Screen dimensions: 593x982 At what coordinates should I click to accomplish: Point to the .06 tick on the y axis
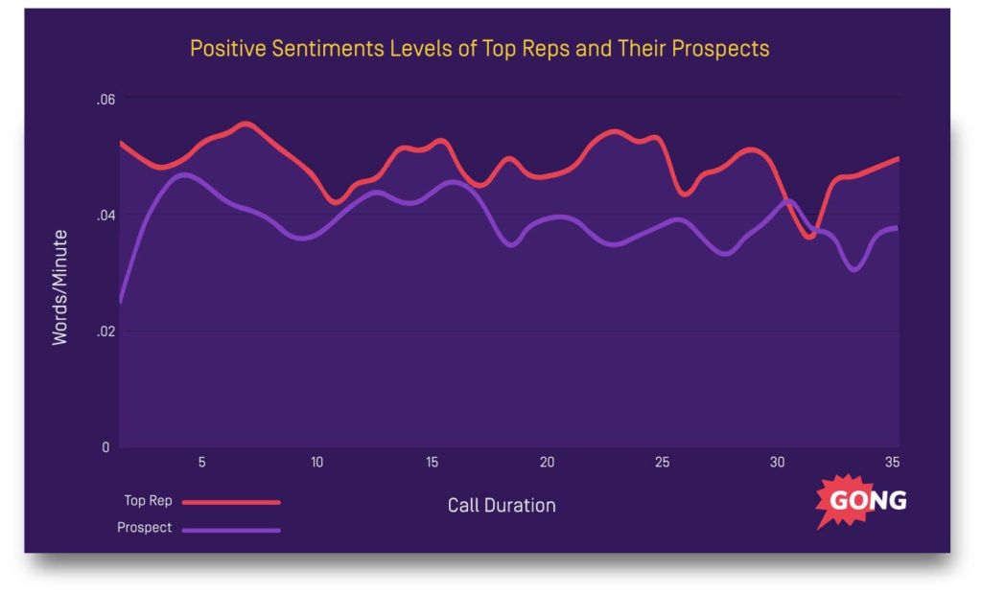105,100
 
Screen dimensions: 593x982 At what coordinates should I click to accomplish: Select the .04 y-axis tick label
105,215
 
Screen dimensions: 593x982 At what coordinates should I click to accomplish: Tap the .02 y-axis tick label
105,331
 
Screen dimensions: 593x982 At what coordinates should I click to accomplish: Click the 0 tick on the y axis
106,447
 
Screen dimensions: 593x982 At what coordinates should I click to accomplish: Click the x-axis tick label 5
201,463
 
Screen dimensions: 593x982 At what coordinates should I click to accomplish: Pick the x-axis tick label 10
316,463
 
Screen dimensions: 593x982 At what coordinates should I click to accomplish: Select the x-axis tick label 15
432,463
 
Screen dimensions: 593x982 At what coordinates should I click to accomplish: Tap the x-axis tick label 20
547,463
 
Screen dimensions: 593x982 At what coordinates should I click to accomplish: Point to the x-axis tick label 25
662,463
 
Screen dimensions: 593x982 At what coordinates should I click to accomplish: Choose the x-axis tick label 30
777,463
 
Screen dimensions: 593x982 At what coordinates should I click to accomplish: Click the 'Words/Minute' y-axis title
60,286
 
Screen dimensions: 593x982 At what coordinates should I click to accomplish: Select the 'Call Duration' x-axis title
502,505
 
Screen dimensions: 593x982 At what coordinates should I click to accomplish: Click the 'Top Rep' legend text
148,500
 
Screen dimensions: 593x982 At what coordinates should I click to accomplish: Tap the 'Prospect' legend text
145,528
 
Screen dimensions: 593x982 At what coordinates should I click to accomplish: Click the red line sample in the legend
231,501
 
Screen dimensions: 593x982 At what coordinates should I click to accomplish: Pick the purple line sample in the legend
231,529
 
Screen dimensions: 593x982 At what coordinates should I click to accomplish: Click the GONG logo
865,501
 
